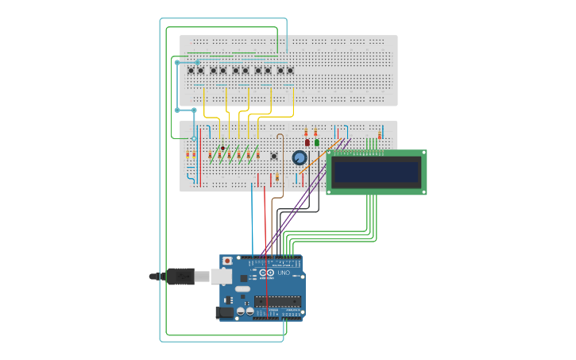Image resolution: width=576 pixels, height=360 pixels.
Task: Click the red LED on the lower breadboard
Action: tap(307, 142)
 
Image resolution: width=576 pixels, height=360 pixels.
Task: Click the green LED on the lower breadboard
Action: tap(316, 142)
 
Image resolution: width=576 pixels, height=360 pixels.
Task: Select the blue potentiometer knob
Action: tap(300, 157)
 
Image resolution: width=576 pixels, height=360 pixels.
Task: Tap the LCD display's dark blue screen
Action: tap(376, 172)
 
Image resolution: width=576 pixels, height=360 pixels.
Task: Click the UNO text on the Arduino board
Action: tap(284, 273)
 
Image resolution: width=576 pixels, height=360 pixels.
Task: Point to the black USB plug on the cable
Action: tap(181, 277)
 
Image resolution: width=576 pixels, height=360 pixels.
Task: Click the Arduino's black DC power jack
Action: tap(226, 312)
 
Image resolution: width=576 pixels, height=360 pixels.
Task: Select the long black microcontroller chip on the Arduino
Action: tap(277, 301)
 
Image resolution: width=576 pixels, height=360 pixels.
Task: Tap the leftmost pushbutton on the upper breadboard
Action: tap(191, 71)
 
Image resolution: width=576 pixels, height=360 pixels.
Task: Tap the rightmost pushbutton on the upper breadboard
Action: tap(290, 71)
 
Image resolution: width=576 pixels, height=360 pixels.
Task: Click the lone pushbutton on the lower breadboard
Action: tap(274, 156)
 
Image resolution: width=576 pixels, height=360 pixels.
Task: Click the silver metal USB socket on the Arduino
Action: tap(223, 277)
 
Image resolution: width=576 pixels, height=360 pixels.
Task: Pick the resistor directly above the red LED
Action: tap(307, 131)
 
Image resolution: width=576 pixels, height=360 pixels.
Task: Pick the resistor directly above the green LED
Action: tap(315, 131)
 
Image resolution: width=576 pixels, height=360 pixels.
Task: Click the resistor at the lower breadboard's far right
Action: tap(382, 133)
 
